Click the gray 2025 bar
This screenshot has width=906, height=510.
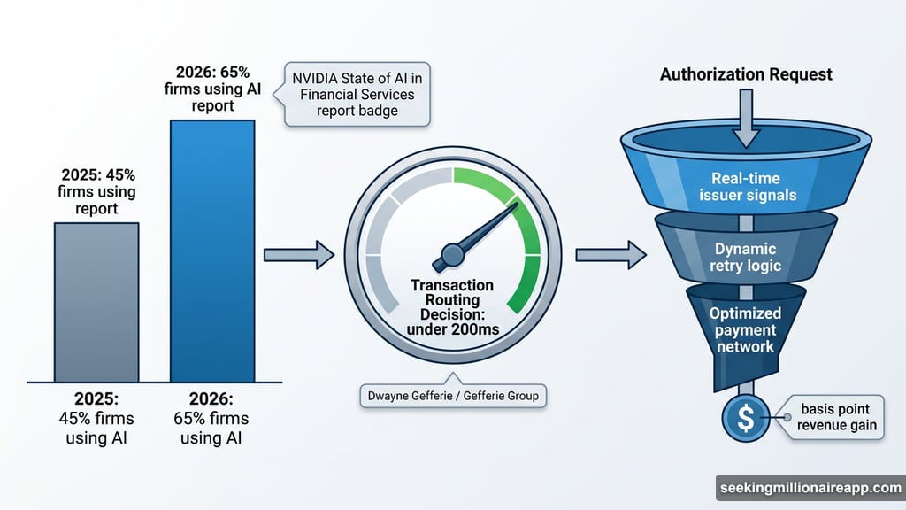click(x=96, y=301)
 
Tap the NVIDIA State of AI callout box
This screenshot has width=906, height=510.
click(x=357, y=93)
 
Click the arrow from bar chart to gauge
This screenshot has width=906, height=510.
click(x=298, y=256)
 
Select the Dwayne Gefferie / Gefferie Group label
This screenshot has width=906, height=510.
click(x=453, y=395)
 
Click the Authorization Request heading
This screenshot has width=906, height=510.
click(x=746, y=73)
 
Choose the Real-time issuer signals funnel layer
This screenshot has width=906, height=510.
click(x=746, y=186)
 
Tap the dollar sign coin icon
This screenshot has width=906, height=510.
click(x=746, y=418)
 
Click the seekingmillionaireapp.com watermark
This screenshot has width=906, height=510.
click(x=809, y=489)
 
